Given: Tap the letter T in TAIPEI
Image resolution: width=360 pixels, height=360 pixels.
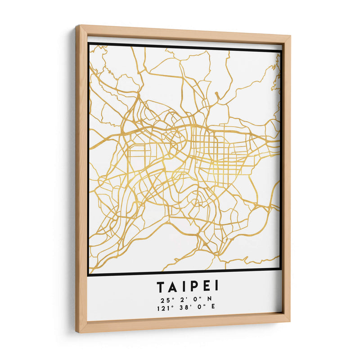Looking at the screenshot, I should point(161,286).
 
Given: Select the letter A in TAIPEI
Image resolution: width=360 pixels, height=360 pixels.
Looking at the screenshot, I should point(172,286).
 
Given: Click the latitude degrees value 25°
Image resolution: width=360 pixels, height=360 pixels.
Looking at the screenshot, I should point(162,299).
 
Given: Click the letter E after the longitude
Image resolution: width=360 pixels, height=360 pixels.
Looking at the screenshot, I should point(213,307).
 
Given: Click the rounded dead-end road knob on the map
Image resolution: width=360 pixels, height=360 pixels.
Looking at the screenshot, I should point(216,94).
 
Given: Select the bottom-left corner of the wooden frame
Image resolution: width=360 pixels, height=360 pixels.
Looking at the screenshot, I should point(77,332).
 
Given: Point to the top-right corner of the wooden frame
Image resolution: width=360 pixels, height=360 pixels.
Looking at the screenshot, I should point(290,35).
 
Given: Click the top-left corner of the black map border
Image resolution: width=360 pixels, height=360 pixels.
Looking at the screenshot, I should point(89,44).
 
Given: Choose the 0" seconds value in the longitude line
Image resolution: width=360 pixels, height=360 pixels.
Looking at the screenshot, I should point(199,307).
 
